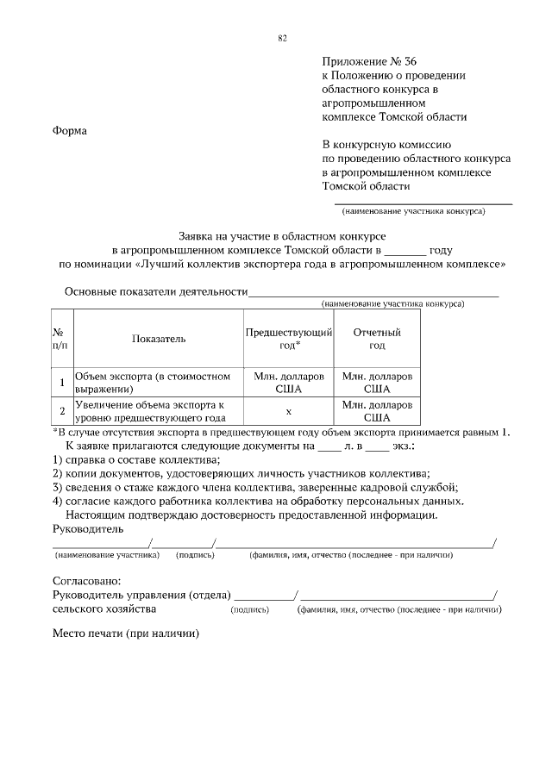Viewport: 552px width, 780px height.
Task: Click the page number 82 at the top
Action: (x=282, y=38)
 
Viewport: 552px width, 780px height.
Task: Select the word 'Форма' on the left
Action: (x=70, y=130)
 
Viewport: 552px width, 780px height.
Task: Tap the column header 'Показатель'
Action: (x=159, y=339)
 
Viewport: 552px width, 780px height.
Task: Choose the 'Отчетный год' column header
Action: (x=377, y=339)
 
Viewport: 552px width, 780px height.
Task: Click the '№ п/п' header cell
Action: (x=61, y=339)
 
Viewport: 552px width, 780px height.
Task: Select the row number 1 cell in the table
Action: (x=61, y=383)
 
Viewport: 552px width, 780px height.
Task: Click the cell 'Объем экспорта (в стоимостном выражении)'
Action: (x=154, y=383)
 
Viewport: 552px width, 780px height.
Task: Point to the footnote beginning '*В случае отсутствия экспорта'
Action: (x=281, y=431)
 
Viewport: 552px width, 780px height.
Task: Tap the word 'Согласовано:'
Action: (x=86, y=581)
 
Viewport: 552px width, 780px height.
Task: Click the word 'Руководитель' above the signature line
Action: (x=88, y=527)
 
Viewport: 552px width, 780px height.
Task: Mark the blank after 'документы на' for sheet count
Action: (x=330, y=446)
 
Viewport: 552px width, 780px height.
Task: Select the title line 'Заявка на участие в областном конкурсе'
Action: (x=281, y=234)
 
